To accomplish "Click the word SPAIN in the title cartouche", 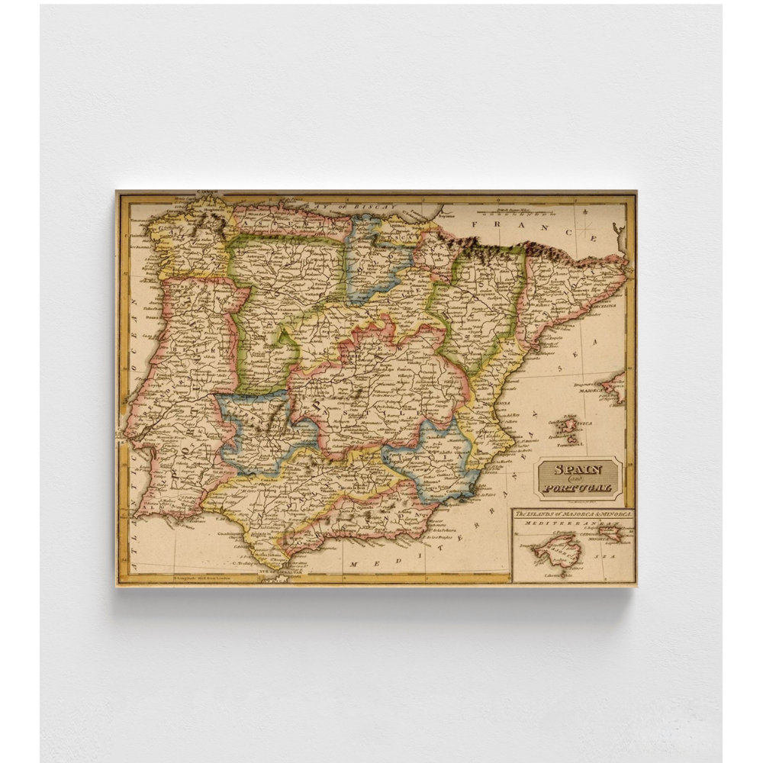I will coord(578,470).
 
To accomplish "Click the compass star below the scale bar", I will coord(588,227).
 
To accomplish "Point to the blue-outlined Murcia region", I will coord(435,458).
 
